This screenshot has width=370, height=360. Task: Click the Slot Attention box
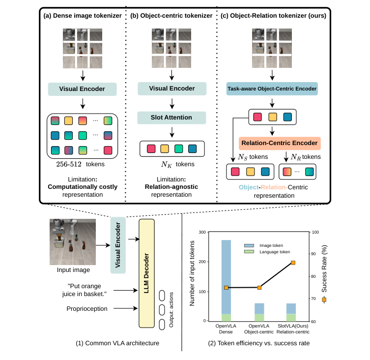(171, 118)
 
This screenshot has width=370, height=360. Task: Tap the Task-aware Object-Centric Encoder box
(272, 89)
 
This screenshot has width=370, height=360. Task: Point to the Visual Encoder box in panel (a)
(82, 90)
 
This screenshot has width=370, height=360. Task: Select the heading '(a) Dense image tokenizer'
(83, 16)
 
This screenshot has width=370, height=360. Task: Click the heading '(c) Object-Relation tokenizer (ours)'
(274, 16)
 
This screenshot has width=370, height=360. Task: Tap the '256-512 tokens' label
(82, 164)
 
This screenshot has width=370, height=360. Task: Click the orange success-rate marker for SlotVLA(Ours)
(293, 263)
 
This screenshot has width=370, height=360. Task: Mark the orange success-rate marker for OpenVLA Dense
(226, 288)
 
